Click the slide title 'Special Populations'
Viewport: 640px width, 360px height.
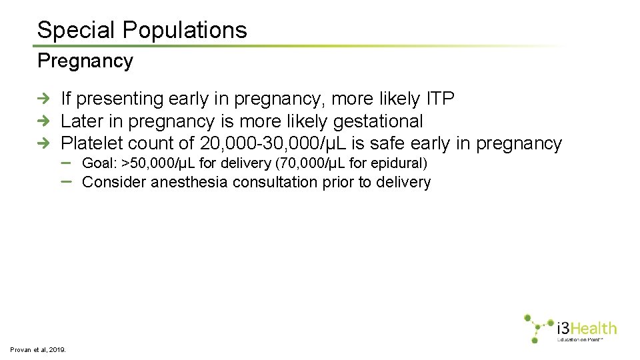point(142,30)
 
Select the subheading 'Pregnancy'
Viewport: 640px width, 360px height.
point(85,61)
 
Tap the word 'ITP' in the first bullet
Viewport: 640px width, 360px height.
point(439,99)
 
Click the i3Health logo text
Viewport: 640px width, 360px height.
point(586,328)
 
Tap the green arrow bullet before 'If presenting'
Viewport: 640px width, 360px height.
point(43,99)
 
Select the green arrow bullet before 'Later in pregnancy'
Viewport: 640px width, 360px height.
point(43,121)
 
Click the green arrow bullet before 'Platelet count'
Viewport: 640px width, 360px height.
point(43,143)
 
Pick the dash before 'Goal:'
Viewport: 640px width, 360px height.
point(67,162)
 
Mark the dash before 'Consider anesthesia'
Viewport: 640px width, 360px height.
point(67,181)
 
